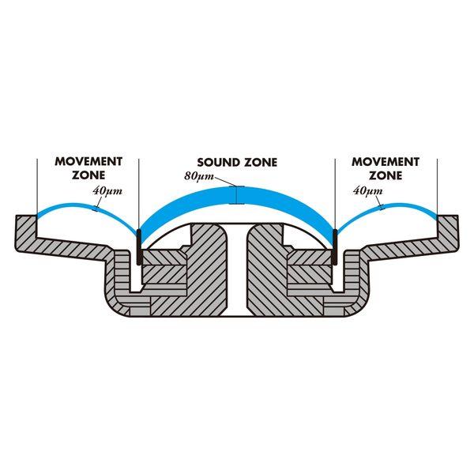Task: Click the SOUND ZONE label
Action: pos(237,162)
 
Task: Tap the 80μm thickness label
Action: pos(195,175)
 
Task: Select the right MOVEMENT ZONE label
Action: pos(384,167)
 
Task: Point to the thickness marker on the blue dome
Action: pos(237,194)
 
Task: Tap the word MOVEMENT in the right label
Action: pos(384,161)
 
